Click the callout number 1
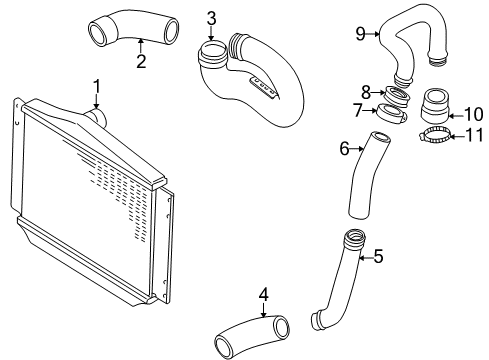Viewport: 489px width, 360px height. (x=96, y=87)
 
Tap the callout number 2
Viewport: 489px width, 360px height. (x=141, y=61)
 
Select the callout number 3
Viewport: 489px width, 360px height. (x=211, y=19)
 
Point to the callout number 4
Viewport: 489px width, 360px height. (x=263, y=294)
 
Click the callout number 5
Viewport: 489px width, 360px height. (x=378, y=256)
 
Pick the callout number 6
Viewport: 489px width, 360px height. (x=344, y=148)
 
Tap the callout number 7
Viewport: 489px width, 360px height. (x=358, y=110)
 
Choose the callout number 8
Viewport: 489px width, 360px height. (x=366, y=92)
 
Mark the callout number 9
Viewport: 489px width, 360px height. (x=361, y=34)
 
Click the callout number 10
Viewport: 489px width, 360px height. (x=473, y=114)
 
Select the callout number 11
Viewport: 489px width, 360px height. (x=474, y=135)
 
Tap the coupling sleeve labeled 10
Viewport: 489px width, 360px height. (x=435, y=105)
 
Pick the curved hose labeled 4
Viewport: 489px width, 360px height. (x=251, y=334)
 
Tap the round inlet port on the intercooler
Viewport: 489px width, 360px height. (x=97, y=118)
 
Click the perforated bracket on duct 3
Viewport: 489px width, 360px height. (x=263, y=86)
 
